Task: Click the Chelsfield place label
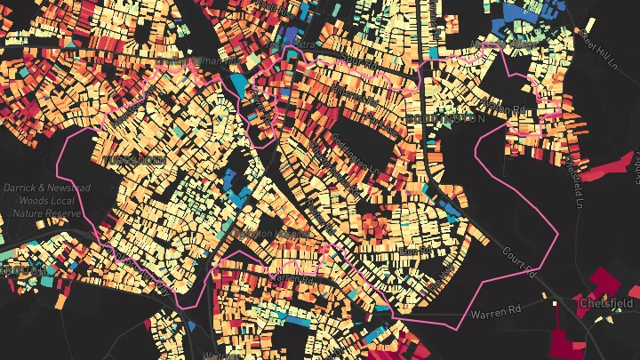tap(607, 303)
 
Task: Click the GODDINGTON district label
tap(444, 118)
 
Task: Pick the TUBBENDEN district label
tap(133, 161)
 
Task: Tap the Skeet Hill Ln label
tap(599, 39)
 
